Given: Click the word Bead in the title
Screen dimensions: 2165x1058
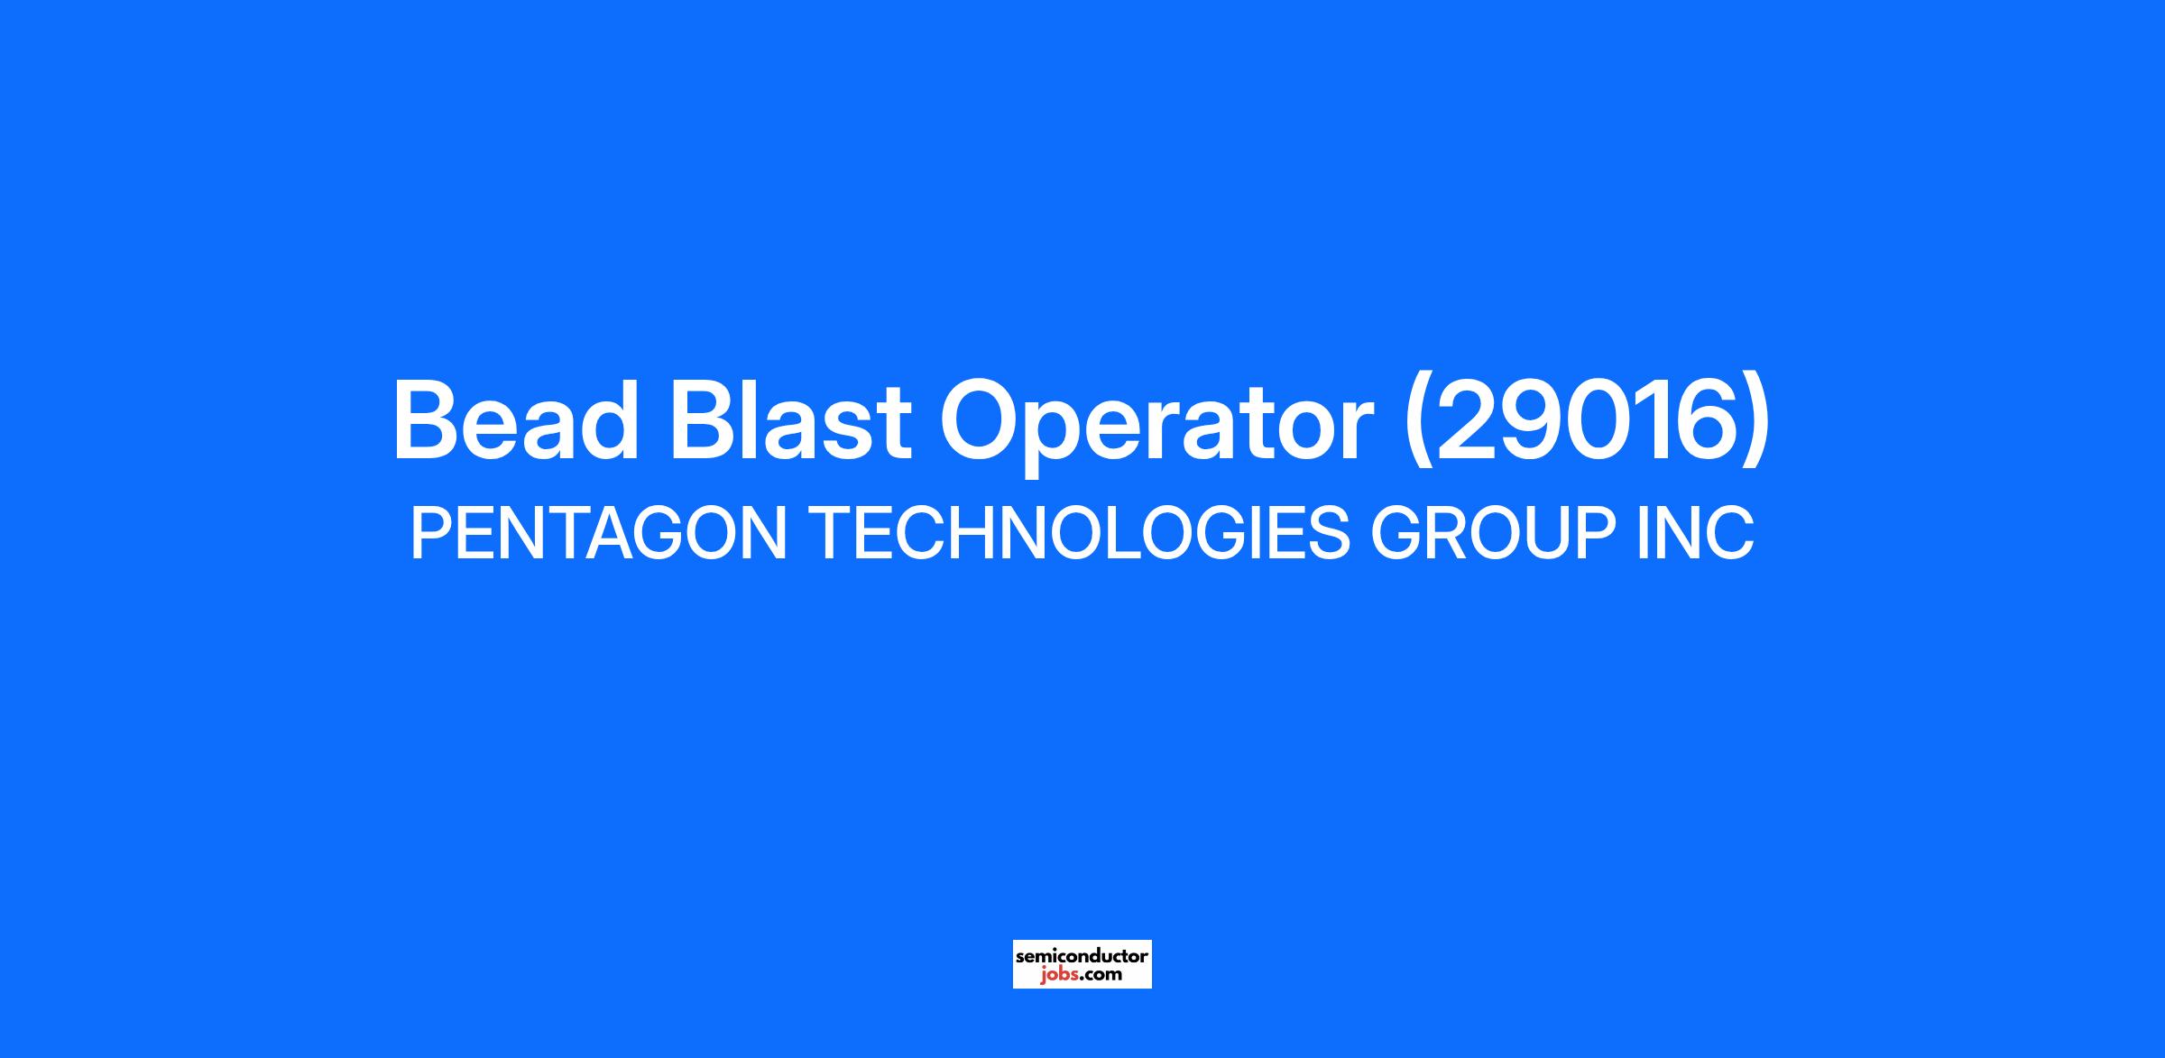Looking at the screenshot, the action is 515,421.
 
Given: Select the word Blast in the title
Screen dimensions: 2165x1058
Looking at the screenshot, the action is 790,421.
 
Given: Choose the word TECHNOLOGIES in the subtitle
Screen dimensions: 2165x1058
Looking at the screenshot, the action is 1082,533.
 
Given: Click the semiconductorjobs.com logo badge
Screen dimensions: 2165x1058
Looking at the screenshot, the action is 1082,964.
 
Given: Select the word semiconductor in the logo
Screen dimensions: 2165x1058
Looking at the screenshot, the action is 1082,955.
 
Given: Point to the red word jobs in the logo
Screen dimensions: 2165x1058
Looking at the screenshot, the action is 1056,974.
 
